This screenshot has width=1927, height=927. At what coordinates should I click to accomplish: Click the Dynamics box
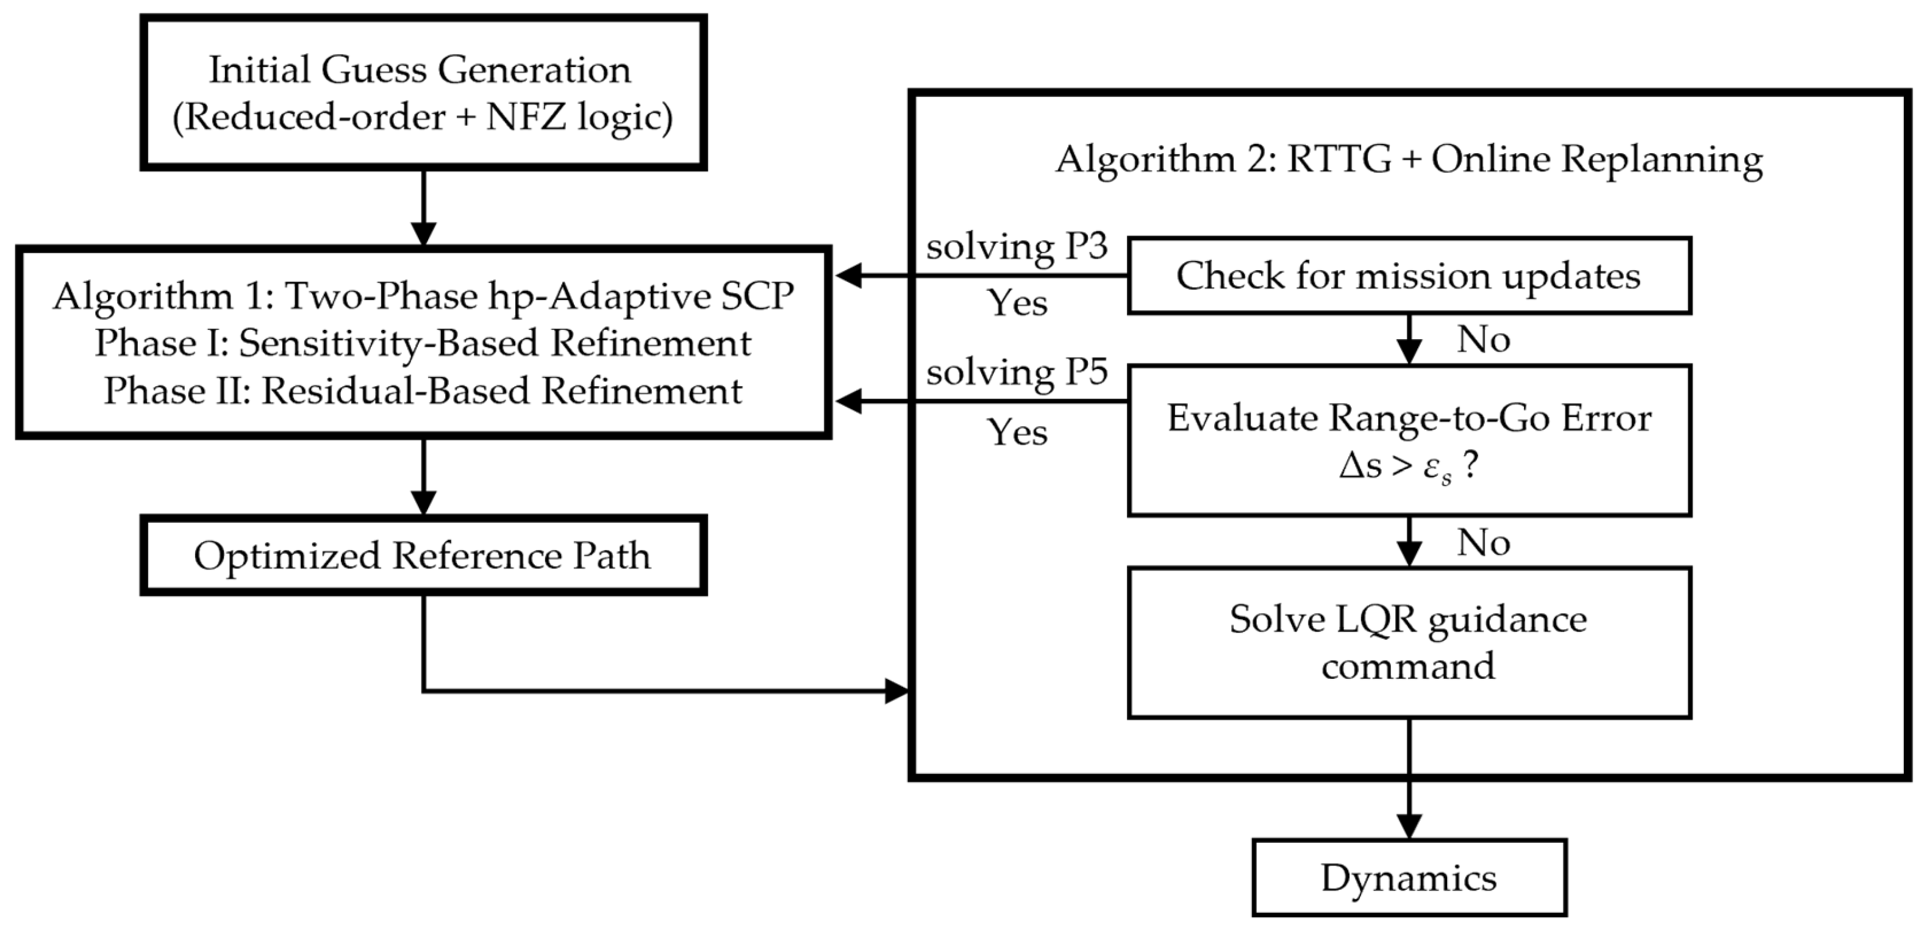[x=1409, y=878]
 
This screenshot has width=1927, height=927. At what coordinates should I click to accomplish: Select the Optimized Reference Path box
[x=423, y=556]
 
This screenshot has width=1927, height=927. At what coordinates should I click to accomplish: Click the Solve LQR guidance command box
[x=1409, y=642]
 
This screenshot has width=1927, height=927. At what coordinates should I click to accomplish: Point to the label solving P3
[x=1017, y=247]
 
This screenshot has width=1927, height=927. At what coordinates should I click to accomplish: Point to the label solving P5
[x=1017, y=372]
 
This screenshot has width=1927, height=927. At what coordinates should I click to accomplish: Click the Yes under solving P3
[x=1017, y=303]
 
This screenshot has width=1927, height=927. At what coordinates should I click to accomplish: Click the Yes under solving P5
[x=1017, y=432]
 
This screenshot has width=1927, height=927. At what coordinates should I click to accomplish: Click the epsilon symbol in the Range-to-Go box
[x=1432, y=468]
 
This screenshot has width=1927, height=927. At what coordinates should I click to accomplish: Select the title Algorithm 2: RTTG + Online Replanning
[x=1409, y=159]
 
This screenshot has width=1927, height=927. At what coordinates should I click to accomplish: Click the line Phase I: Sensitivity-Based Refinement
[x=423, y=343]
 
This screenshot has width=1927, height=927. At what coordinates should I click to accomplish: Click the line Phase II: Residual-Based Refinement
[x=423, y=392]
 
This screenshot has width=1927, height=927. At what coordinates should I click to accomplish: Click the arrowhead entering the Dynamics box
[x=1409, y=827]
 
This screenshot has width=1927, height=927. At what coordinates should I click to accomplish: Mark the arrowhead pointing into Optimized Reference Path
[x=423, y=503]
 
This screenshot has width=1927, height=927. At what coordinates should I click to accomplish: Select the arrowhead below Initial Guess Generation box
[x=423, y=234]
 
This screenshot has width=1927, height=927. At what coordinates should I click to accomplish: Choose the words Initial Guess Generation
[x=420, y=70]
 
